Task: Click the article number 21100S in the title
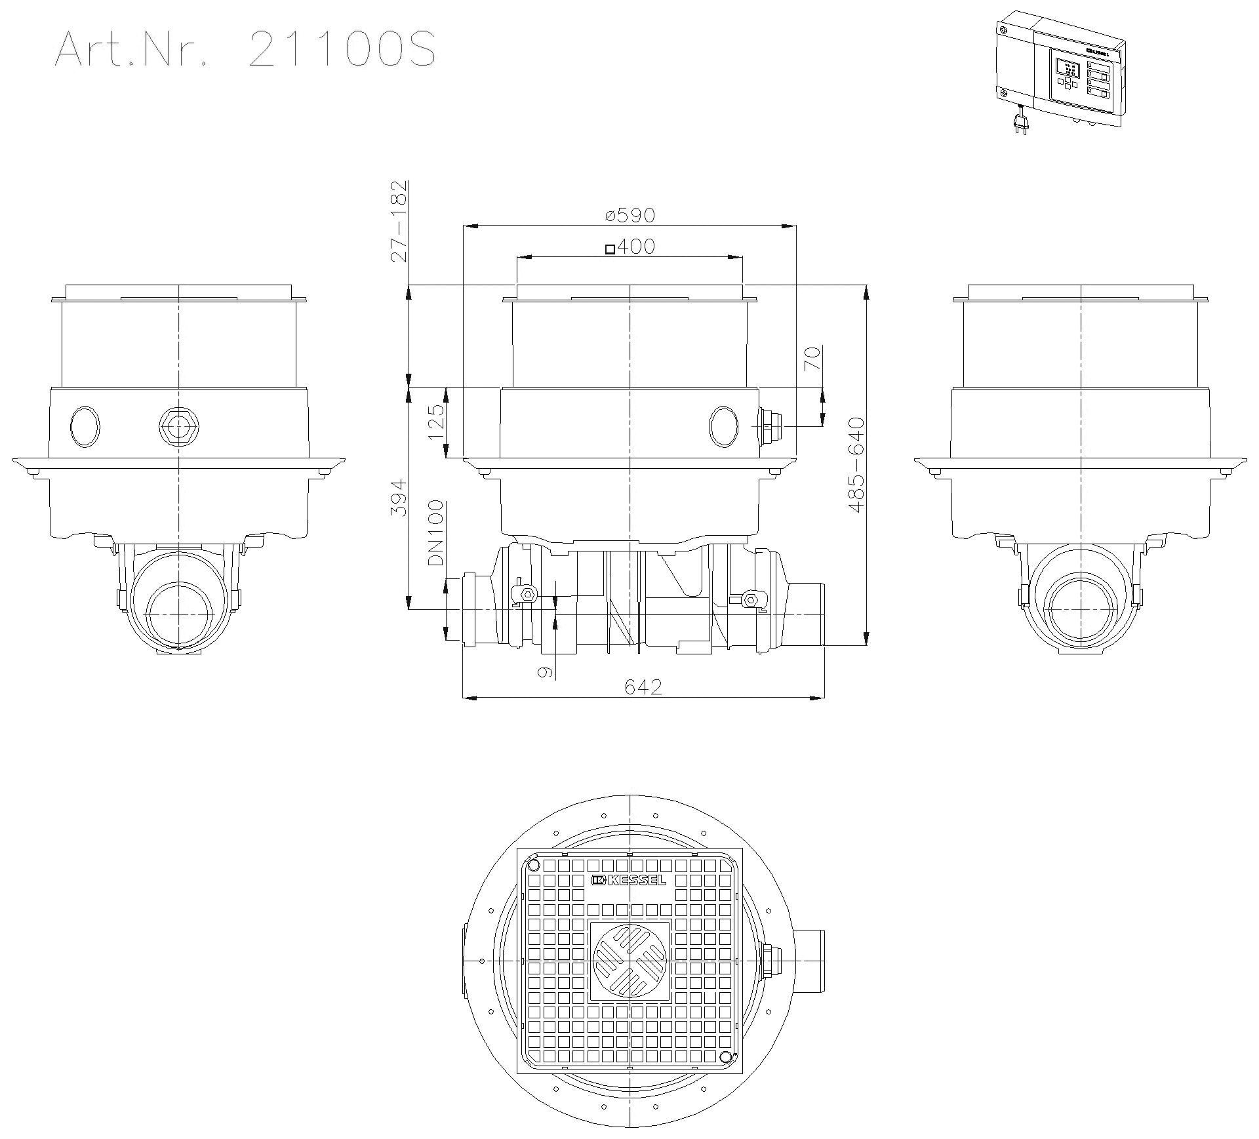pos(341,49)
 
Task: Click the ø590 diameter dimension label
pos(629,214)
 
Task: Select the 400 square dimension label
pos(629,247)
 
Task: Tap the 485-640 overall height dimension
pos(856,465)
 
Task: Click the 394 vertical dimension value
pos(399,498)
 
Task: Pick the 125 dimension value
pos(436,423)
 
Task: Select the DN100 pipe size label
pos(436,533)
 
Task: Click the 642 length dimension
pos(643,687)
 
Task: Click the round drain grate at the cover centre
pos(629,961)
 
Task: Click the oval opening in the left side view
pos(85,426)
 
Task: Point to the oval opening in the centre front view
pos(723,426)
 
